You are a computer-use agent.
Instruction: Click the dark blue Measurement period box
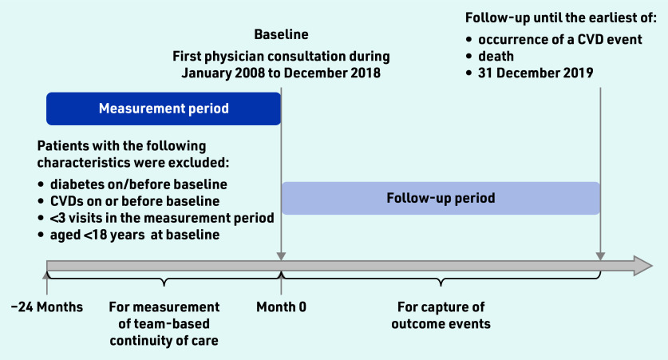tap(164, 109)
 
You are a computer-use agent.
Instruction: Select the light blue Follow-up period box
tap(441, 198)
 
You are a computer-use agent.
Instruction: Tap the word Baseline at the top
tap(281, 34)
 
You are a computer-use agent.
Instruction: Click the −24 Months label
tap(47, 307)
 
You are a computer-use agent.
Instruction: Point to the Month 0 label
tap(281, 307)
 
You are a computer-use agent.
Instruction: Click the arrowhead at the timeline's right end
tap(643, 266)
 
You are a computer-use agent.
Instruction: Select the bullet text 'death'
tap(496, 56)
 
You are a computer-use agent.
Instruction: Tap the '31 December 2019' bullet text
tap(536, 73)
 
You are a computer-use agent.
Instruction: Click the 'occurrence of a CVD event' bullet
tap(559, 40)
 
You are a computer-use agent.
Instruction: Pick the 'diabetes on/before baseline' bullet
tap(138, 184)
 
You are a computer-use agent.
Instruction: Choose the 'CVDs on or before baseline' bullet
tap(135, 200)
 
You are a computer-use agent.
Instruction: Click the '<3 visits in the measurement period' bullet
tap(162, 218)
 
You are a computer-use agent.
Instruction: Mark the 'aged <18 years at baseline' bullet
tap(135, 235)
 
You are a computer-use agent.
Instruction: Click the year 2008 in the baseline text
tap(250, 73)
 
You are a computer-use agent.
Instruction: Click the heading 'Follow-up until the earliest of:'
tap(560, 18)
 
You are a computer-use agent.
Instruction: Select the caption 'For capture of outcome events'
tap(441, 315)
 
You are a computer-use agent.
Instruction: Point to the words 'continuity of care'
tap(164, 340)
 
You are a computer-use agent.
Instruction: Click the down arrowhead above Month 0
tap(281, 255)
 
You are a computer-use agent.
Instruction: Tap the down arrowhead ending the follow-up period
tap(600, 255)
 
